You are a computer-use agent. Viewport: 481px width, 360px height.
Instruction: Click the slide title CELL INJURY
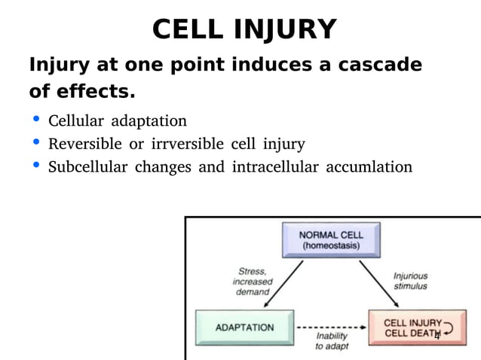(x=244, y=29)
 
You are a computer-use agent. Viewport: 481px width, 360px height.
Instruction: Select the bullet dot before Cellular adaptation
(x=36, y=120)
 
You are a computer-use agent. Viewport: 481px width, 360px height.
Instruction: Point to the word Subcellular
(x=87, y=166)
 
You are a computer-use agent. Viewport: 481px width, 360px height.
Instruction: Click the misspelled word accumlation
(x=369, y=166)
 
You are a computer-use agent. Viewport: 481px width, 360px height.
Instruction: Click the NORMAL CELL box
(x=331, y=240)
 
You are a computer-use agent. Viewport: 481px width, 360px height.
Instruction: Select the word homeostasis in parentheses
(x=331, y=246)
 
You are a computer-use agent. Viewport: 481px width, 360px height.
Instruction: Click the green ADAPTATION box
(x=244, y=328)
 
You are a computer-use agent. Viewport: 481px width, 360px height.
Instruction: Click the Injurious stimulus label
(x=410, y=281)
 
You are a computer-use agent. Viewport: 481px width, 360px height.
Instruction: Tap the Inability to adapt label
(x=332, y=341)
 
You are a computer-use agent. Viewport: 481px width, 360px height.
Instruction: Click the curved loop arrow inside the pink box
(x=450, y=328)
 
